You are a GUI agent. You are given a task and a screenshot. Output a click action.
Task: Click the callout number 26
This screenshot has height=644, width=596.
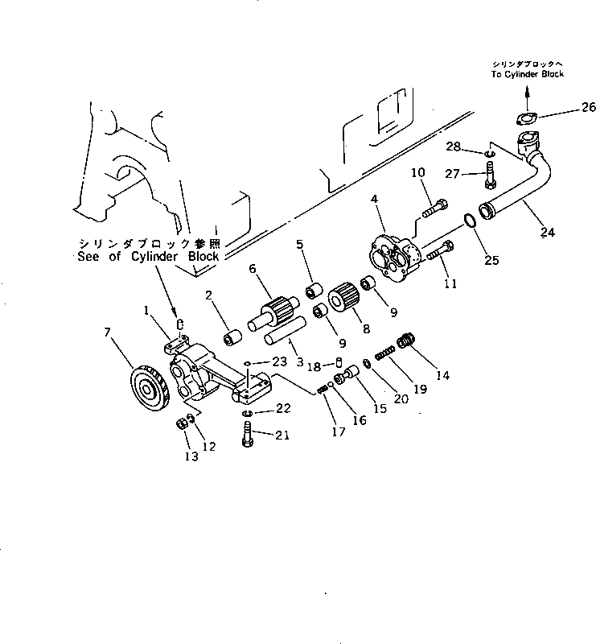pyautogui.click(x=589, y=107)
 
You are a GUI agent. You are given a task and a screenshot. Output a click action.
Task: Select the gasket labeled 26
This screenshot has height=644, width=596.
pyautogui.click(x=528, y=122)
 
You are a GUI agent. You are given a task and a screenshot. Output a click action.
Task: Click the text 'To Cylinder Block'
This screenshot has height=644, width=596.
pyautogui.click(x=529, y=74)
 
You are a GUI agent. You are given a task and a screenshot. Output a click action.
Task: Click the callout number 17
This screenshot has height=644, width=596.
pyautogui.click(x=339, y=431)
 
